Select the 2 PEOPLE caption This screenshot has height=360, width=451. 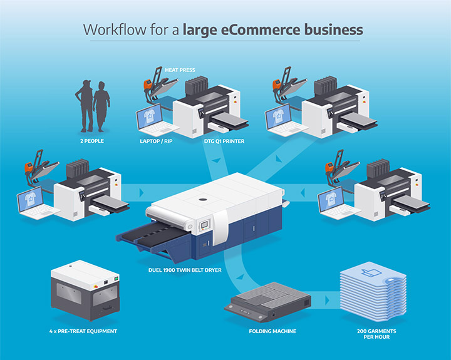pyautogui.click(x=91, y=141)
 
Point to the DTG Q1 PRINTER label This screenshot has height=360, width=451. pyautogui.click(x=223, y=141)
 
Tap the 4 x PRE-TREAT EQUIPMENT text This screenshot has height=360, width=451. pyautogui.click(x=83, y=331)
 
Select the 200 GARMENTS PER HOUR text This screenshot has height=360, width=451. pyautogui.click(x=371, y=334)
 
